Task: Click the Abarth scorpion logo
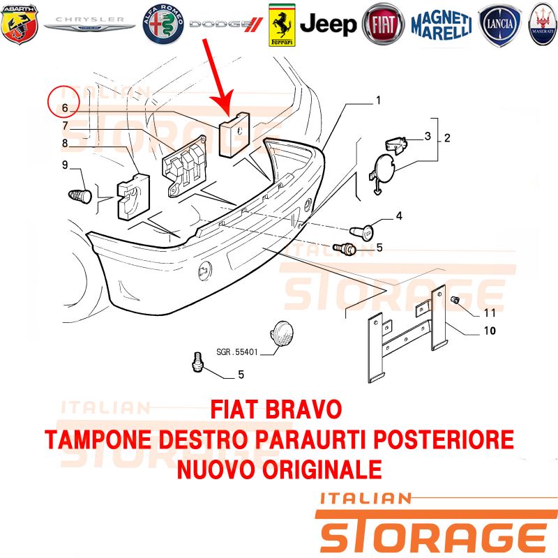(x=20, y=24)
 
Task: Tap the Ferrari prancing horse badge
(x=282, y=25)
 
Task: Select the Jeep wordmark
(x=328, y=24)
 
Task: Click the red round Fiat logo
(x=384, y=24)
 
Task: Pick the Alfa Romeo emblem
(x=163, y=24)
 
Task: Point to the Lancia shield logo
(x=500, y=25)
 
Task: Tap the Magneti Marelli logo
(x=442, y=24)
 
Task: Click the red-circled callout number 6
(x=64, y=108)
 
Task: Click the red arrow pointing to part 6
(x=218, y=77)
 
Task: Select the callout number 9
(x=65, y=165)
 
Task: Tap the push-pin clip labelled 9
(x=80, y=197)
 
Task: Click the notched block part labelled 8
(x=133, y=197)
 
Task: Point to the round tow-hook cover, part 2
(x=383, y=173)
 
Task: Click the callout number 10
(x=490, y=331)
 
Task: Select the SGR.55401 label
(x=237, y=352)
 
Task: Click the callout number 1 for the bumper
(x=378, y=100)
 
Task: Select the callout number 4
(x=399, y=216)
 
